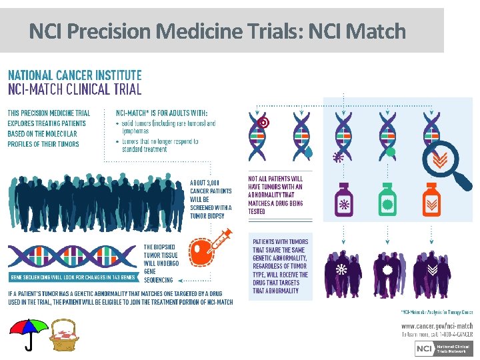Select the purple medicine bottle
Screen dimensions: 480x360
pos(345,199)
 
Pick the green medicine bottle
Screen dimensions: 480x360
pos(387,199)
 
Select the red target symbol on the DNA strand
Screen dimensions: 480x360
pos(263,123)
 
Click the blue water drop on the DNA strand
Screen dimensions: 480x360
pos(307,152)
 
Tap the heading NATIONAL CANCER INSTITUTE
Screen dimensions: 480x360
pos(75,75)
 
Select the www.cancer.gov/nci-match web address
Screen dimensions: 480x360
pos(437,325)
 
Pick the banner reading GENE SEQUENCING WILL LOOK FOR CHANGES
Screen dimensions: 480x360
pos(72,277)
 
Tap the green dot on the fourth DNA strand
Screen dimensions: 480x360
pos(391,152)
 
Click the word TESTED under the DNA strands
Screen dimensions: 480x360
pos(257,211)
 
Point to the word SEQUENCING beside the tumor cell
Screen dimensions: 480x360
pos(159,280)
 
